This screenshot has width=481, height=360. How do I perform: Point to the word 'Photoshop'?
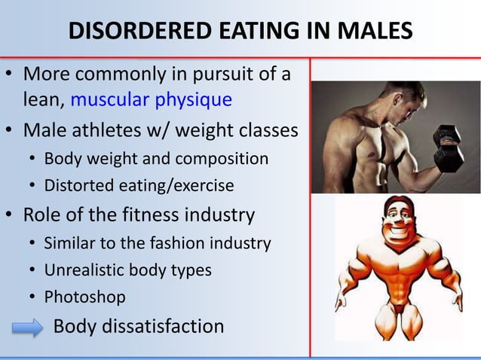(84, 297)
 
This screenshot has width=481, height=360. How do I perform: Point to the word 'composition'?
(226, 159)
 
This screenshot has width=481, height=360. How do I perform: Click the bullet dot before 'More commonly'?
(10, 76)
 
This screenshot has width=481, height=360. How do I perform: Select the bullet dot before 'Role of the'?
(10, 216)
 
